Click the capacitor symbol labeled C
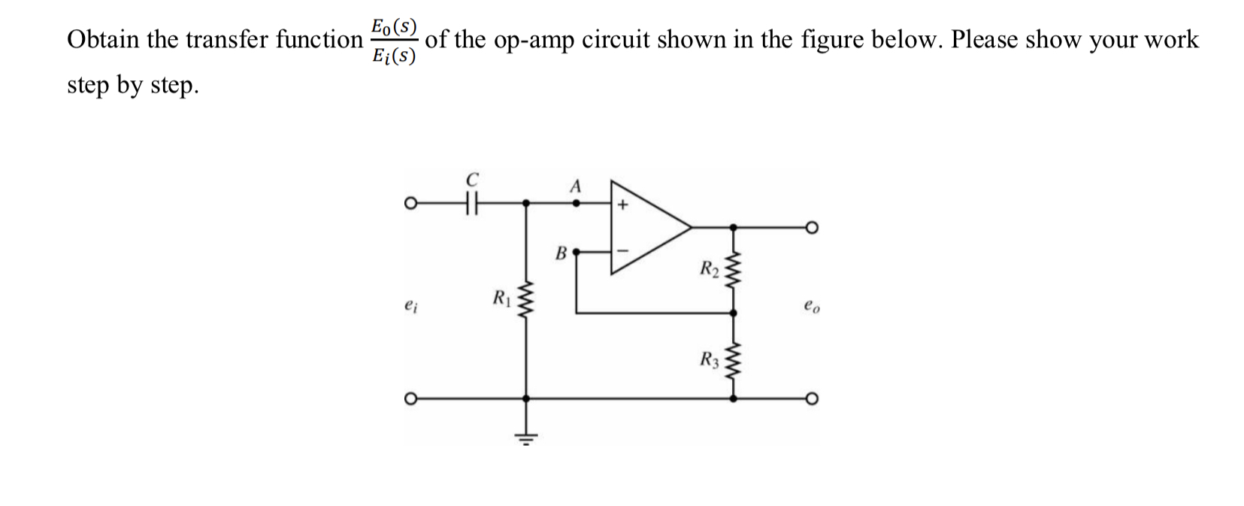point(472,202)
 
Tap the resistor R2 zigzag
point(734,268)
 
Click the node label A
point(576,185)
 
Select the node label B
point(560,253)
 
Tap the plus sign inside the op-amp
point(622,204)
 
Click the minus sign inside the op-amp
point(622,249)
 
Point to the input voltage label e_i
point(409,306)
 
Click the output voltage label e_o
point(810,306)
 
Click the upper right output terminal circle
point(812,226)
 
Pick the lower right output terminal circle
point(812,398)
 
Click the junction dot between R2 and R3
point(734,312)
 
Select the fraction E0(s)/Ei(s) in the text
point(394,41)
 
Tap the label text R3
point(710,359)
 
